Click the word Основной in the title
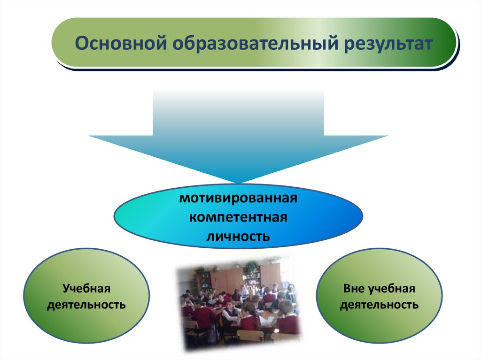point(121,43)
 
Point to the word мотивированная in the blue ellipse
point(238,198)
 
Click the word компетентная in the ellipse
point(238,217)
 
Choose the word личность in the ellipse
point(238,237)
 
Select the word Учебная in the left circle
point(86,289)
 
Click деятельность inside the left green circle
point(86,305)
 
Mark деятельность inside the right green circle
point(379,305)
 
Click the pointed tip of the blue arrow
point(238,184)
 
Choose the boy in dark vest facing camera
point(231,313)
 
